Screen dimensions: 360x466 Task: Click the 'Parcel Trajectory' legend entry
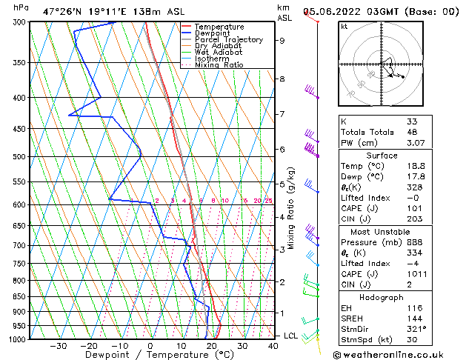(228, 40)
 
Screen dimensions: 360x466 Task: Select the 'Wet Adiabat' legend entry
(219, 53)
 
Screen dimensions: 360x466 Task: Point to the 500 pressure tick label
(20, 157)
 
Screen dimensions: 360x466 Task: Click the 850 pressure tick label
(20, 296)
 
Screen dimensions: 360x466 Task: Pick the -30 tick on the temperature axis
(57, 346)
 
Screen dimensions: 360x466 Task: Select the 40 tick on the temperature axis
(273, 346)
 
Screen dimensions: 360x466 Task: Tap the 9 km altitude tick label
(282, 41)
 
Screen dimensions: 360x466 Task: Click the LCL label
(291, 336)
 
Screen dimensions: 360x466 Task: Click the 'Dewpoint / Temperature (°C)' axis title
(150, 355)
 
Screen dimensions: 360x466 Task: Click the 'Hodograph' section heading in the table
(382, 297)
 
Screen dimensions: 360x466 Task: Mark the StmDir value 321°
(416, 329)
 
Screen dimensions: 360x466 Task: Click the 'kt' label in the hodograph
(344, 26)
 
